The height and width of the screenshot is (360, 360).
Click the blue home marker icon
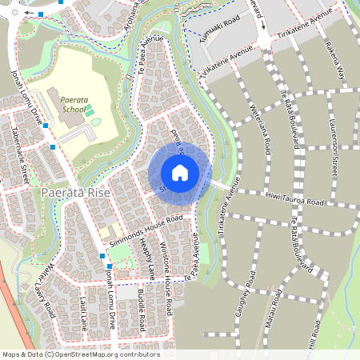(x=180, y=173)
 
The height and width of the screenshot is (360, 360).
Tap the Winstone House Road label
(x=166, y=277)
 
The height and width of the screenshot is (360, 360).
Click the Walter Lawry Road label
(x=44, y=283)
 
